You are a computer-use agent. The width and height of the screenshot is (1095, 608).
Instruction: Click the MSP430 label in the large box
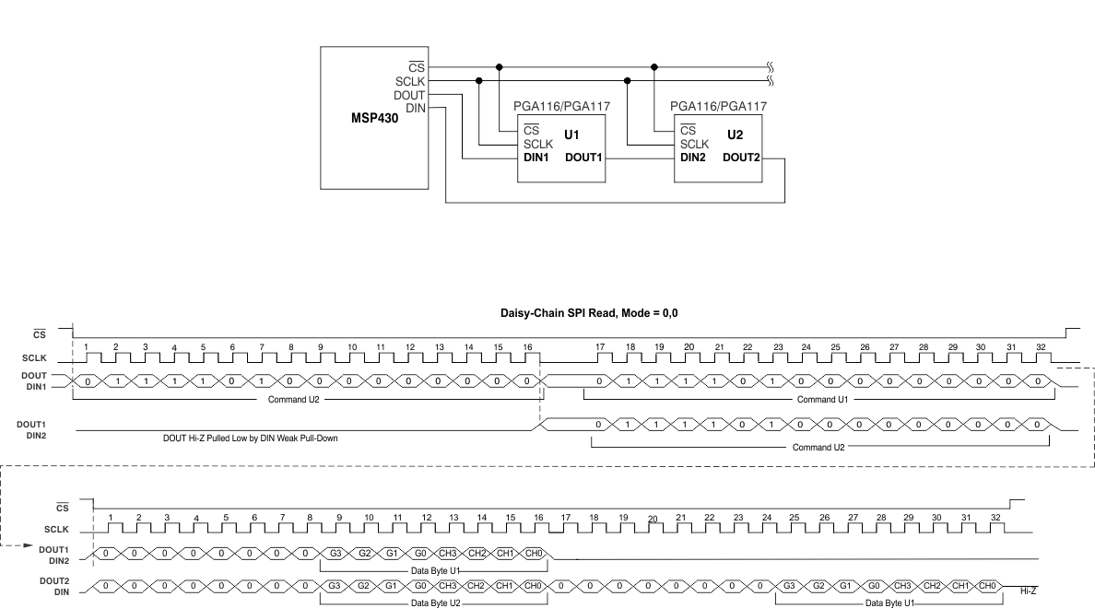(x=375, y=118)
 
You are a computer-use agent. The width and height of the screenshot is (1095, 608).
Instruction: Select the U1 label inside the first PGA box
(x=571, y=134)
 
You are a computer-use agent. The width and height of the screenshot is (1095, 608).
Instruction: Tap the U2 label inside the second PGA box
(x=735, y=134)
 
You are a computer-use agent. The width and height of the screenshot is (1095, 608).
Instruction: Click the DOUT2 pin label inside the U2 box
(x=741, y=158)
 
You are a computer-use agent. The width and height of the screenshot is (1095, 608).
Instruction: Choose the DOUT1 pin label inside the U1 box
(x=584, y=158)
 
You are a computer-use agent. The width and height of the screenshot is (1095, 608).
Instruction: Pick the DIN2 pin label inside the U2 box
(x=694, y=158)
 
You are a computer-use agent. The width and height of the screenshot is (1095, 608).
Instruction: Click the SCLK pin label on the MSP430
(x=409, y=81)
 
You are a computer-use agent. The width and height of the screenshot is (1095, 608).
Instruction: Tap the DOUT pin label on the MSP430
(x=409, y=95)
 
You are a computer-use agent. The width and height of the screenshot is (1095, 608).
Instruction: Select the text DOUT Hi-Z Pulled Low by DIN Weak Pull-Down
(x=251, y=438)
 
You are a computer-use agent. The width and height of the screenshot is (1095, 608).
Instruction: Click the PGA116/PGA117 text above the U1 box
(x=562, y=107)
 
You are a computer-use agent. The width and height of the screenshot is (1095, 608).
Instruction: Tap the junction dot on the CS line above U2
(x=654, y=67)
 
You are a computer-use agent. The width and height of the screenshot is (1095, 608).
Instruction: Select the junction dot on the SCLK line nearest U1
(x=478, y=81)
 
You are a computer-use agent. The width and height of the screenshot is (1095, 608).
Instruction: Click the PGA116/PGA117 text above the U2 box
(x=719, y=107)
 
